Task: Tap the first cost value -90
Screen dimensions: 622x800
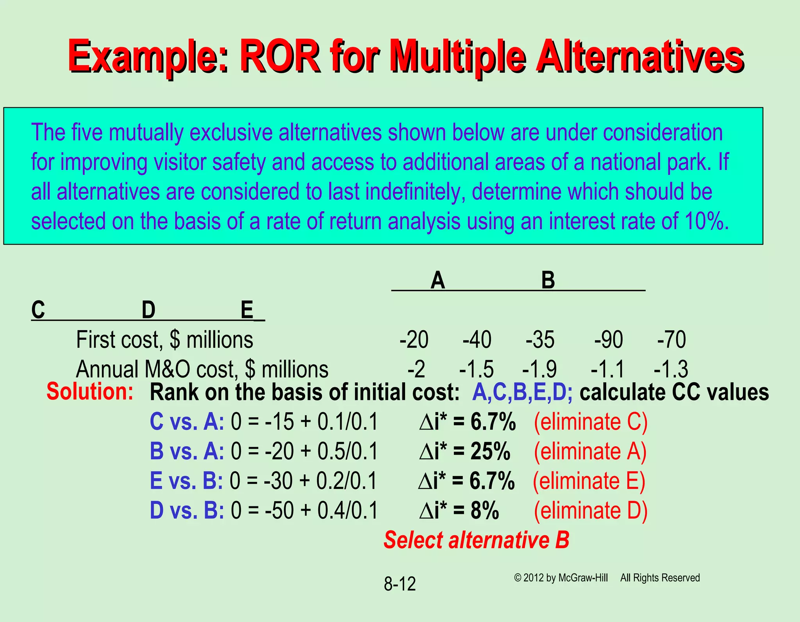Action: (x=609, y=340)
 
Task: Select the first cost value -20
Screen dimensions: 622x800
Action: (x=414, y=340)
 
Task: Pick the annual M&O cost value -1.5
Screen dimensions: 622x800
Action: (x=477, y=369)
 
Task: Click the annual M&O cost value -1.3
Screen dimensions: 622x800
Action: (x=671, y=369)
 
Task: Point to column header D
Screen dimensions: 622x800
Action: (x=148, y=311)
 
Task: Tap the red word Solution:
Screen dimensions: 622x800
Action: (x=90, y=392)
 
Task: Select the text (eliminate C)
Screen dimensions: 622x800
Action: (x=591, y=422)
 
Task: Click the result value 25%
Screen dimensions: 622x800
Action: (x=491, y=452)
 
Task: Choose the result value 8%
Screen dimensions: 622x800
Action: (x=485, y=511)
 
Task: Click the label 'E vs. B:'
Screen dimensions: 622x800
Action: (x=186, y=481)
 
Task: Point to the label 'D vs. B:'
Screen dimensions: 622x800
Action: (x=187, y=511)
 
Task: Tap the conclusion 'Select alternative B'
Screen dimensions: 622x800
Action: (x=476, y=540)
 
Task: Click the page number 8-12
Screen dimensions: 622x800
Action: (x=400, y=584)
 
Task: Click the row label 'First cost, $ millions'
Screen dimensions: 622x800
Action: (x=164, y=340)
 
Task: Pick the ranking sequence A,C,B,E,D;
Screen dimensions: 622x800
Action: (x=522, y=393)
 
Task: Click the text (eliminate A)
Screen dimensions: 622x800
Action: (x=590, y=452)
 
